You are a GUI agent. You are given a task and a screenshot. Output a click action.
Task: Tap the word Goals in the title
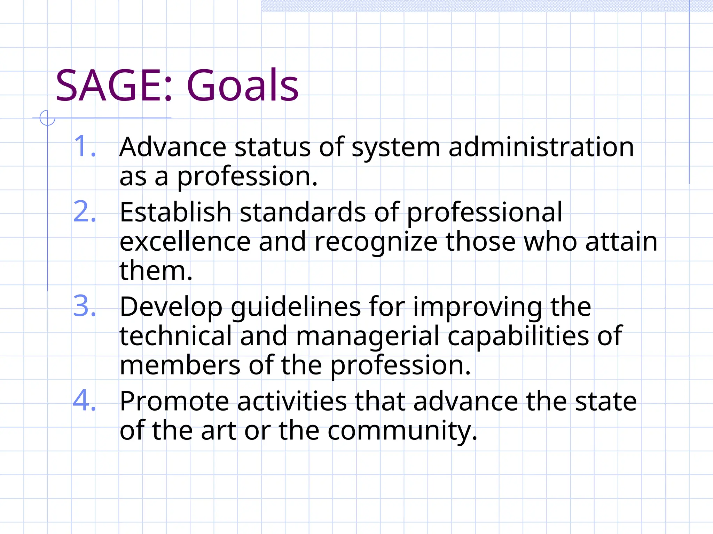242,86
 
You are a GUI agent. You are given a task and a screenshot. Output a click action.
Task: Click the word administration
541,147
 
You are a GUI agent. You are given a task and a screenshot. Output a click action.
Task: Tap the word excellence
185,242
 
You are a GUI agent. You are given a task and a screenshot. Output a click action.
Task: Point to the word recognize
376,242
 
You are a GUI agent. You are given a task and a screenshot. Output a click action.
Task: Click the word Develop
171,307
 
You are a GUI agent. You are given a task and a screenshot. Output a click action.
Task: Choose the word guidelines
296,307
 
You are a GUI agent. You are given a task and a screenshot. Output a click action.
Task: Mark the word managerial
368,337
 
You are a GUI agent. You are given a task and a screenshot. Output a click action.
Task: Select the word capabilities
518,337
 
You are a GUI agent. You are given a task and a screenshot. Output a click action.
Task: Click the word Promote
174,402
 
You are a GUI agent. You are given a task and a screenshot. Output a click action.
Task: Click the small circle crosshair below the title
47,118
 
